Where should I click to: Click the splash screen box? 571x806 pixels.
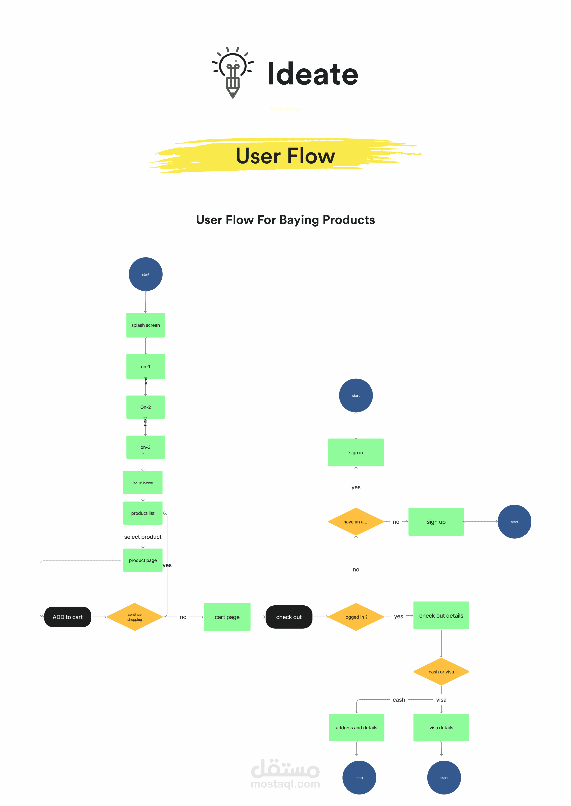[146, 325]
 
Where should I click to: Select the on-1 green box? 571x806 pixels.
[146, 366]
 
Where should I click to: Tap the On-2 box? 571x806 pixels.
[146, 407]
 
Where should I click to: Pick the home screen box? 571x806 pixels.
[143, 482]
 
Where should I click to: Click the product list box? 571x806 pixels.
[143, 513]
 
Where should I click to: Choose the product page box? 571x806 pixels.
[143, 560]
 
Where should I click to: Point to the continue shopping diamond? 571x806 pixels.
[135, 617]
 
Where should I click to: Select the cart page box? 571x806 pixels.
[227, 617]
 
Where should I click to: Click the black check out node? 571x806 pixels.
[289, 617]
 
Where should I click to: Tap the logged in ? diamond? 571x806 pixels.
[356, 617]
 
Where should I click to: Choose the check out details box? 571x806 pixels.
[441, 616]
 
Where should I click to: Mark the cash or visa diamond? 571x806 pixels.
[441, 672]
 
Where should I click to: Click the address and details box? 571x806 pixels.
[356, 728]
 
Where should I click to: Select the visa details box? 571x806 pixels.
[441, 728]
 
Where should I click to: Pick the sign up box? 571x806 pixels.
[436, 522]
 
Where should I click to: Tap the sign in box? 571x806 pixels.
[356, 452]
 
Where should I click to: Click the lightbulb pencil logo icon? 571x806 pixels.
[233, 72]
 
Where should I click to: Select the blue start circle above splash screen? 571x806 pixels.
[146, 274]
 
